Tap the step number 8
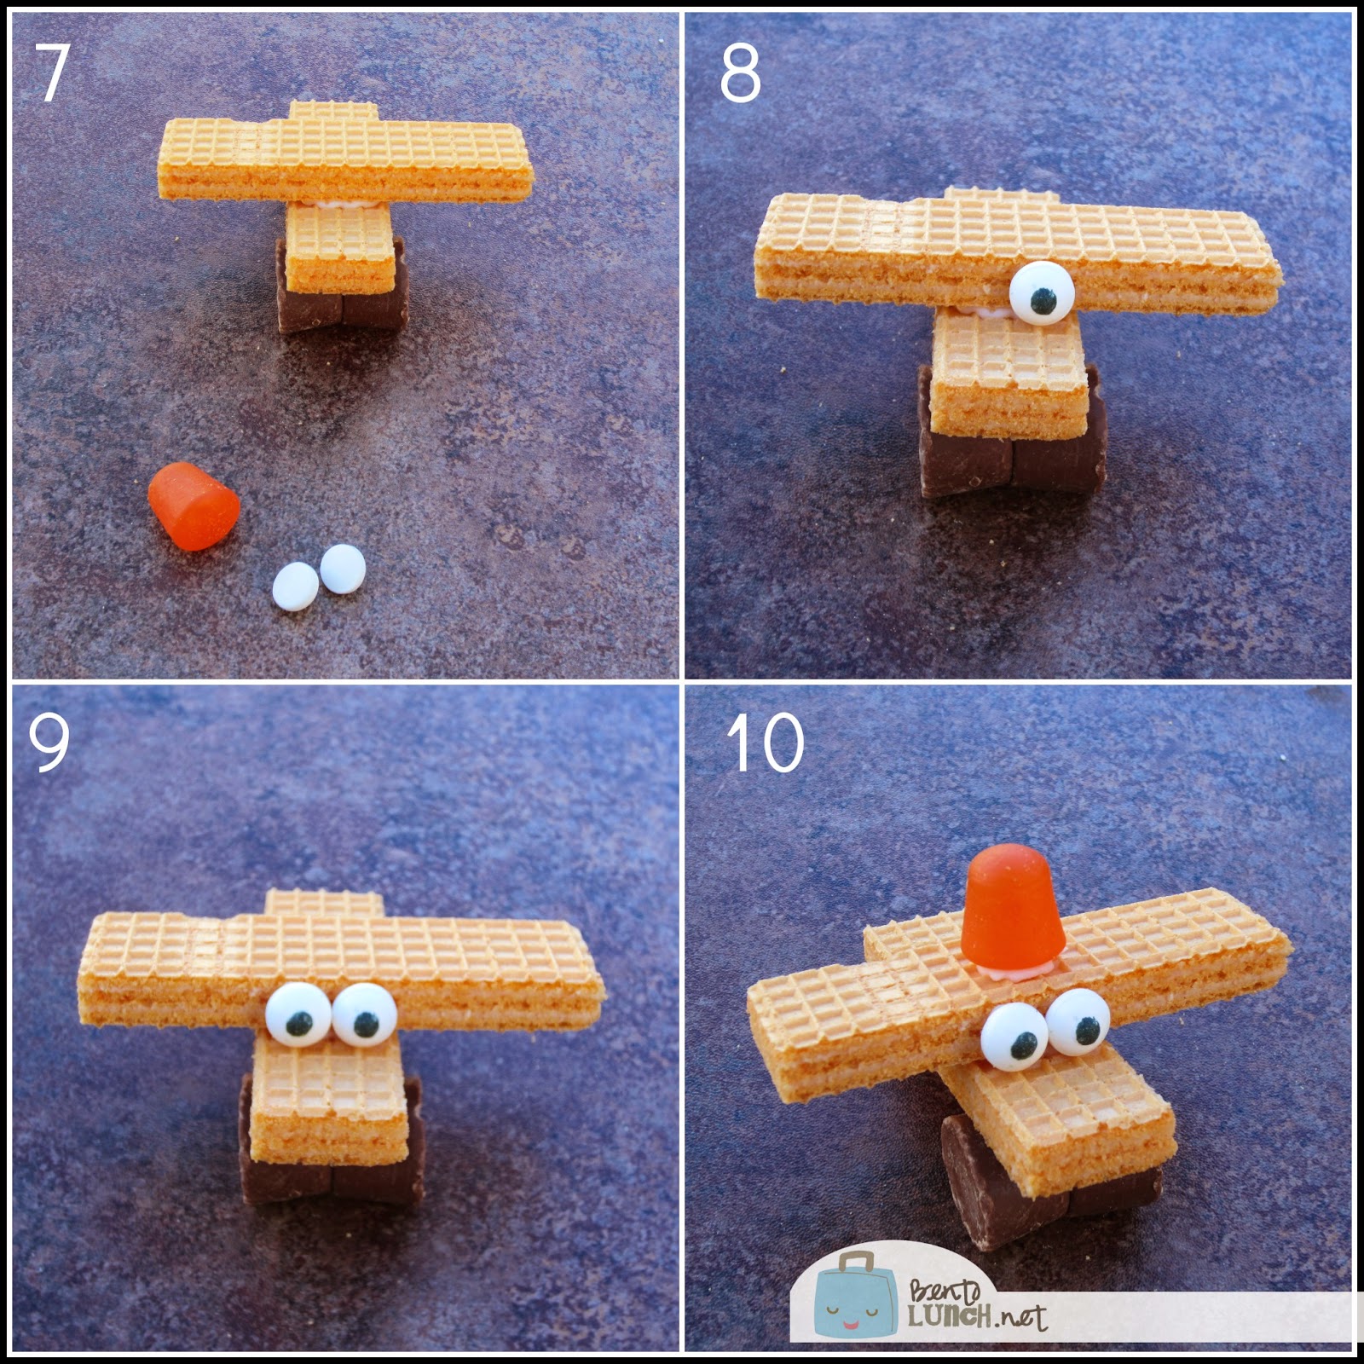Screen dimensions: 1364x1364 pos(740,74)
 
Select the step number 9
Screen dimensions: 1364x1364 pos(49,742)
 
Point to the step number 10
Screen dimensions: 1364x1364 pos(766,743)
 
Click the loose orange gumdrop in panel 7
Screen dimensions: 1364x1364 pos(194,506)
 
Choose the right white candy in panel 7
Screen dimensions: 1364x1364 pos(343,568)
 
